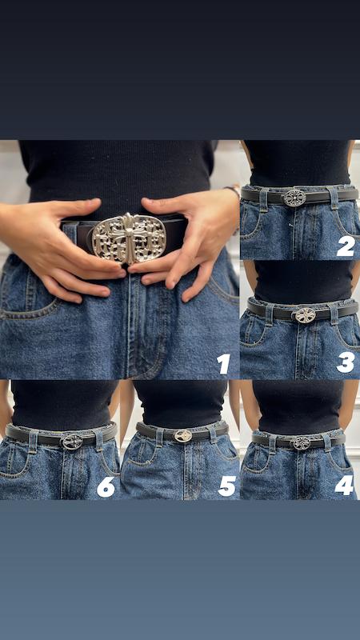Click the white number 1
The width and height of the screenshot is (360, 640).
[x=224, y=364]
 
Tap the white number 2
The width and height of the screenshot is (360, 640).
[x=346, y=246]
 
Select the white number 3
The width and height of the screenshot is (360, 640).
[x=346, y=362]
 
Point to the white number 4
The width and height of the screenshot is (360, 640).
[x=344, y=486]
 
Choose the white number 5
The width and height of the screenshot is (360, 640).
[x=227, y=486]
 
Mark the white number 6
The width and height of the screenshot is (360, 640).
[x=106, y=487]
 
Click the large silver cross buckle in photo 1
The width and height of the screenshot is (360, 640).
[x=129, y=238]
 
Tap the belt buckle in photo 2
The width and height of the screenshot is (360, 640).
[x=294, y=198]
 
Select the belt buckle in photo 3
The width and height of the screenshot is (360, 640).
[x=306, y=315]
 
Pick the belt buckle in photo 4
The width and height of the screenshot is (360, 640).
[x=302, y=443]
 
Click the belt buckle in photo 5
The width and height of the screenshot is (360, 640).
[x=183, y=436]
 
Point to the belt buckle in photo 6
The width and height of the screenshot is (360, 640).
[x=72, y=442]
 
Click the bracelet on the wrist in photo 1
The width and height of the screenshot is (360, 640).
[x=234, y=192]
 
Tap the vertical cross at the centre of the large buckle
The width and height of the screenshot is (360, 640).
[x=129, y=238]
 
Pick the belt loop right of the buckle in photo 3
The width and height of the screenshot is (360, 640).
[x=333, y=314]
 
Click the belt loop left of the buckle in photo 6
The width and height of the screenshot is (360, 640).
[x=33, y=440]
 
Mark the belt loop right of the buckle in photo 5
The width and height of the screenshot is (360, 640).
[x=212, y=434]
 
